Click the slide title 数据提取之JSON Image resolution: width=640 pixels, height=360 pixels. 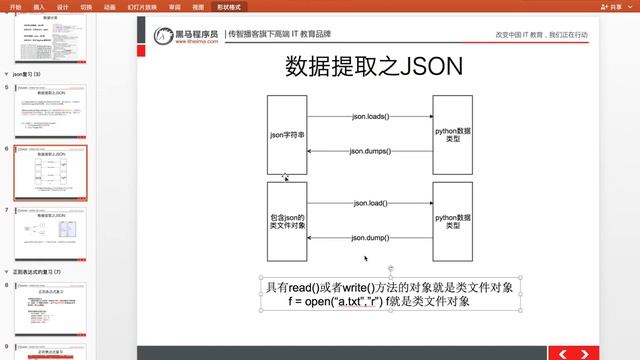[x=374, y=66]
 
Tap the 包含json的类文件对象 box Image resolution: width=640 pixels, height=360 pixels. [x=287, y=222]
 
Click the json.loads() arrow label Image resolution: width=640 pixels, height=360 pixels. [x=370, y=117]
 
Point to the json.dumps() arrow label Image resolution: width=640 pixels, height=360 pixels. [x=370, y=151]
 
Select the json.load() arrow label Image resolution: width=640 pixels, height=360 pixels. [x=370, y=203]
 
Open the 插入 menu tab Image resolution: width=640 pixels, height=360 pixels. [x=38, y=5]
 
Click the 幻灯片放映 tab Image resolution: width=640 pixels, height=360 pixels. [x=139, y=5]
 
